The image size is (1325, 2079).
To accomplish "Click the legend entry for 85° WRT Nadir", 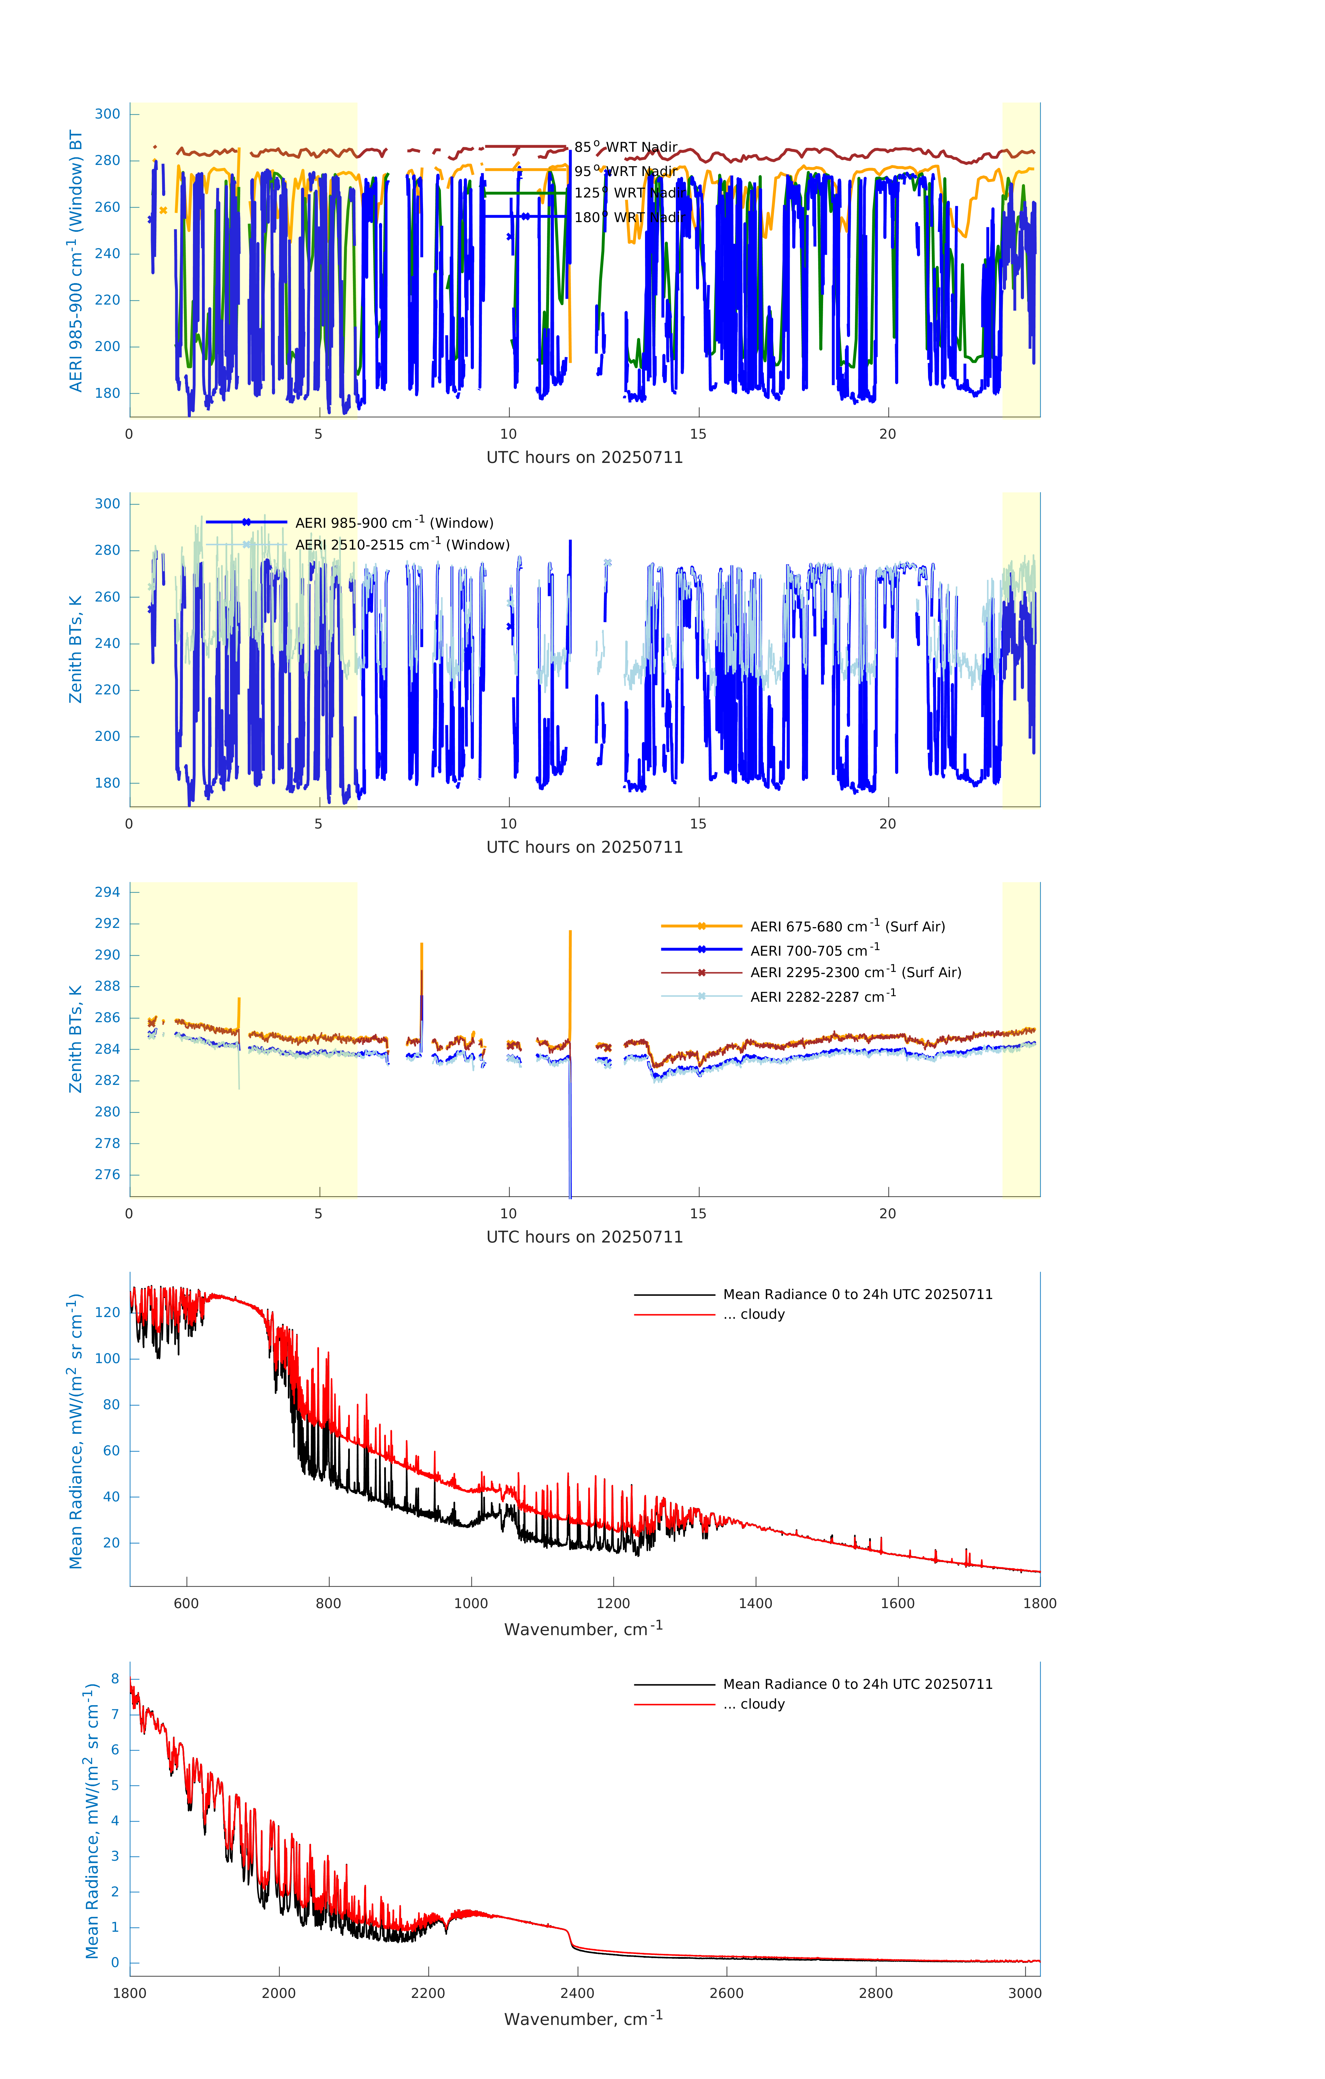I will pyautogui.click(x=626, y=147).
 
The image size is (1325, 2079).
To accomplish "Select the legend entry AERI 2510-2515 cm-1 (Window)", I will pyautogui.click(x=402, y=545).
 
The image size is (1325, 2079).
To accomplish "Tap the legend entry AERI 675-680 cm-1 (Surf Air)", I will pyautogui.click(x=847, y=927).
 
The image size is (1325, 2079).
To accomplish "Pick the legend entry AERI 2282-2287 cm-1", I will pyautogui.click(x=823, y=996).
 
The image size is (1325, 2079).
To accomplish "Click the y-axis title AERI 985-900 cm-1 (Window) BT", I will pyautogui.click(x=76, y=261).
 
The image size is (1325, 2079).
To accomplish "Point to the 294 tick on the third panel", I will pyautogui.click(x=108, y=892).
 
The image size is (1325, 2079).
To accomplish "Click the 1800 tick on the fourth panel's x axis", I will pyautogui.click(x=1039, y=1603).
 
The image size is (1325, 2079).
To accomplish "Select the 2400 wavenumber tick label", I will pyautogui.click(x=577, y=1993).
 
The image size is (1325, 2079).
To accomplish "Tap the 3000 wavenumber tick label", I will pyautogui.click(x=1025, y=1993).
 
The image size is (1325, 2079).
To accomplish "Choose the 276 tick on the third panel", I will pyautogui.click(x=108, y=1174).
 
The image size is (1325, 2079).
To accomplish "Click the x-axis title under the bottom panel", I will pyautogui.click(x=583, y=2019).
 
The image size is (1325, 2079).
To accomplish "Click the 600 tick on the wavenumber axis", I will pyautogui.click(x=186, y=1603).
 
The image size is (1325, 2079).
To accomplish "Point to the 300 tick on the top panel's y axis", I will pyautogui.click(x=108, y=114).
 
